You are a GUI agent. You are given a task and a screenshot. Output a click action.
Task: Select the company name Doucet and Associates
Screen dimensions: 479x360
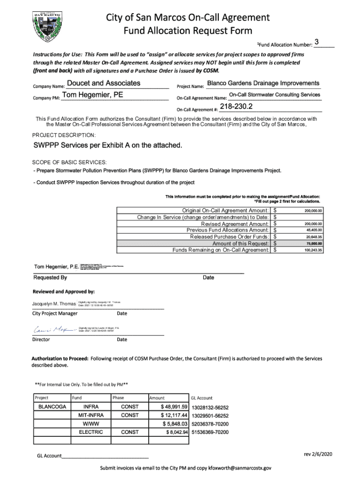[x=103, y=83]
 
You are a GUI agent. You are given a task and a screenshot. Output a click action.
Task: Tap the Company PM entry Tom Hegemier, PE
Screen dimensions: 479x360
[x=93, y=95]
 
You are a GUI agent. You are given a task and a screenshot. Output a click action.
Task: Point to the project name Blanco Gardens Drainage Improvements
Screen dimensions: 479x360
[x=263, y=83]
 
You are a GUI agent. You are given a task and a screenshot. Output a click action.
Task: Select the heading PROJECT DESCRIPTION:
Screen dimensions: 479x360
[x=63, y=134]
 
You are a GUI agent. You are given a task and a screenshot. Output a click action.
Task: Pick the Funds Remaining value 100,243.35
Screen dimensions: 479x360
[x=313, y=250]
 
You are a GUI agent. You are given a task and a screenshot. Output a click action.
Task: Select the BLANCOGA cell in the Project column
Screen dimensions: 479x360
[x=51, y=407]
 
